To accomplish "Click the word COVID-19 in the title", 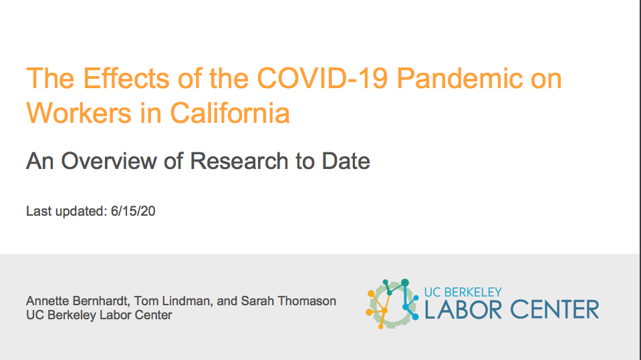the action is pos(322,78).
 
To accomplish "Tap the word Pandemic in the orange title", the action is pos(459,78).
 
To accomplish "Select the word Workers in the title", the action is pos(78,112).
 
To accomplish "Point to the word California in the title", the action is pos(230,112).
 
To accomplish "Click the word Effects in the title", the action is pos(126,78).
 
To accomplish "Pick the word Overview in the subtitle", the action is pos(109,160).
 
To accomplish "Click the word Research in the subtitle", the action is pos(239,160).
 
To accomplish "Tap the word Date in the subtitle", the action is pos(346,160).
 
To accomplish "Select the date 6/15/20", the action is pos(133,211).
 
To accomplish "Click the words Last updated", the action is pos(67,211).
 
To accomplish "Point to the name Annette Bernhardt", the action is pos(78,301).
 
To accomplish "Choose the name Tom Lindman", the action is pos(172,301).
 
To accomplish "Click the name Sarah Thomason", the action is pos(288,301).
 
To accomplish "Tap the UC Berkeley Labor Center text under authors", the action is pos(99,315).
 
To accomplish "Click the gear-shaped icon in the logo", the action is pos(392,304).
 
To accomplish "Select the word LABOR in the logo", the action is pos(463,309).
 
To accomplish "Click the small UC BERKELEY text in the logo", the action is pos(463,292).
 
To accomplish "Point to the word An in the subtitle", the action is pos(40,160).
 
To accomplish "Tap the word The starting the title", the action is pos(50,78).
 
